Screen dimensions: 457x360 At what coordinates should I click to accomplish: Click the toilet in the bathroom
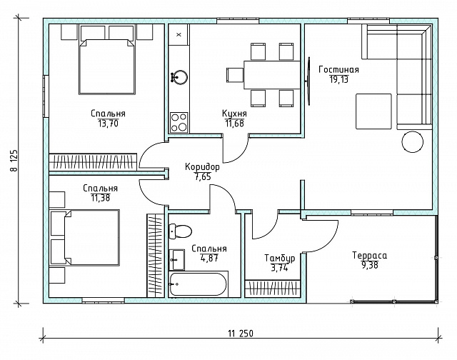point(180,231)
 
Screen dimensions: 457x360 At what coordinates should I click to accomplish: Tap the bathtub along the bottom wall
point(198,284)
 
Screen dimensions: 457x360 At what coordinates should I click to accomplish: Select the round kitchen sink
point(179,77)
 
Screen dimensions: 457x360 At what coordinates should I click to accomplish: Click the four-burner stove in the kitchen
point(179,123)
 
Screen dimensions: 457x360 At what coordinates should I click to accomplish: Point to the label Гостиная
point(338,70)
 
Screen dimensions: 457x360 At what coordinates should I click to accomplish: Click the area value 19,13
point(339,79)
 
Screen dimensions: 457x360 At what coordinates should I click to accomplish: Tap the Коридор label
point(202,167)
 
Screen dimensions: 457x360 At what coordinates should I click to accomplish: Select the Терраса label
point(370,256)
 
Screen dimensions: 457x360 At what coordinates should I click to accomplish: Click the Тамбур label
point(279,259)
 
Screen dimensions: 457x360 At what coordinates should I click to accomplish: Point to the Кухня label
point(234,113)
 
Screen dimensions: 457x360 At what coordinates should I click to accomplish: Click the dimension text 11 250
point(241,333)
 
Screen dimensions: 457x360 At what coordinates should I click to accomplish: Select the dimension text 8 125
point(14,161)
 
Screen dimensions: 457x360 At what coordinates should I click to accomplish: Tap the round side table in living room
point(413,141)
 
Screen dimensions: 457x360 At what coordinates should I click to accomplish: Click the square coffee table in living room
point(373,111)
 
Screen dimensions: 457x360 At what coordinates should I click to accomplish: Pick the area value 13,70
point(108,124)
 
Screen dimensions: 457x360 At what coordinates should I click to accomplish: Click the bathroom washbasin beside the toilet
point(176,259)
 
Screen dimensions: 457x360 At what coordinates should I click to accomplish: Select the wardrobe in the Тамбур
point(273,289)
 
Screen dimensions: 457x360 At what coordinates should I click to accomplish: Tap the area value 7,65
point(202,176)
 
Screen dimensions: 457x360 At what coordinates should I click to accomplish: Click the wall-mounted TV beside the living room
point(308,81)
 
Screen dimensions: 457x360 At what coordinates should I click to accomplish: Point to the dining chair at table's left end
point(235,75)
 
